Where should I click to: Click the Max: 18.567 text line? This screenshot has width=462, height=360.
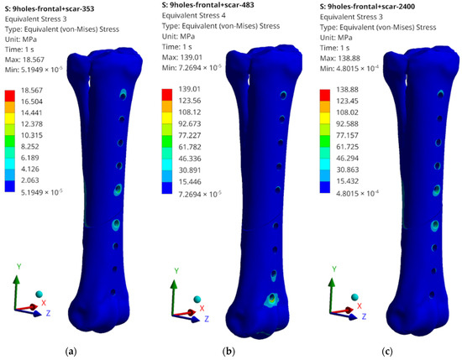coord(24,60)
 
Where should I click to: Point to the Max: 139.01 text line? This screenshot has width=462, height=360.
coord(181,57)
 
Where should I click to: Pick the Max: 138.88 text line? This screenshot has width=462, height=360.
coord(340,58)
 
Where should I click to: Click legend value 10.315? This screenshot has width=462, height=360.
coord(32,135)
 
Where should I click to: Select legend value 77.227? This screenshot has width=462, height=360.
coord(190,135)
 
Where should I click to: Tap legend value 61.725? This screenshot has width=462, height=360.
coord(348,147)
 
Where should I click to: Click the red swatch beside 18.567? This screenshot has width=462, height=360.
coord(10,96)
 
